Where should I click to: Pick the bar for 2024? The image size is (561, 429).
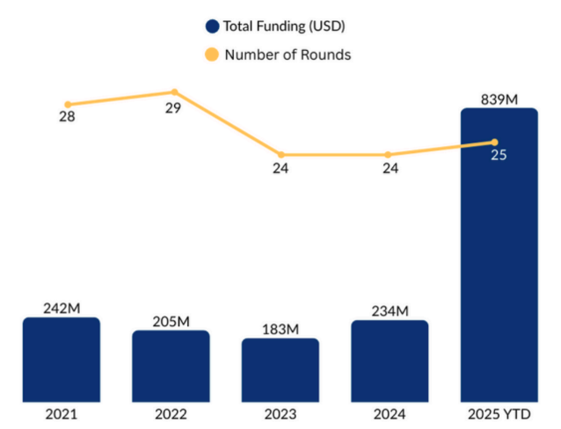pos(390,359)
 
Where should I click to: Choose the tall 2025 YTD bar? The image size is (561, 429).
pos(499,264)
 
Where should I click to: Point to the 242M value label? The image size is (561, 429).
pos(62,308)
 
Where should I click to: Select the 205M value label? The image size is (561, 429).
pos(171,321)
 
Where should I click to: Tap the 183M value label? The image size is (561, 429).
pos(280,329)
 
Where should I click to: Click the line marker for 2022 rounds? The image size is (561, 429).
pos(174,91)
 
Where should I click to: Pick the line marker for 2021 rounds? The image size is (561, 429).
pos(68,105)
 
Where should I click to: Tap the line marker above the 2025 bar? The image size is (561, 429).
pos(494,142)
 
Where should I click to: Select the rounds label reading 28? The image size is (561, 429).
pos(67,118)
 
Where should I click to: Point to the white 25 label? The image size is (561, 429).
pos(499,156)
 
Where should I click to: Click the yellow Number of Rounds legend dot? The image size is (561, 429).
pos(211,55)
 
